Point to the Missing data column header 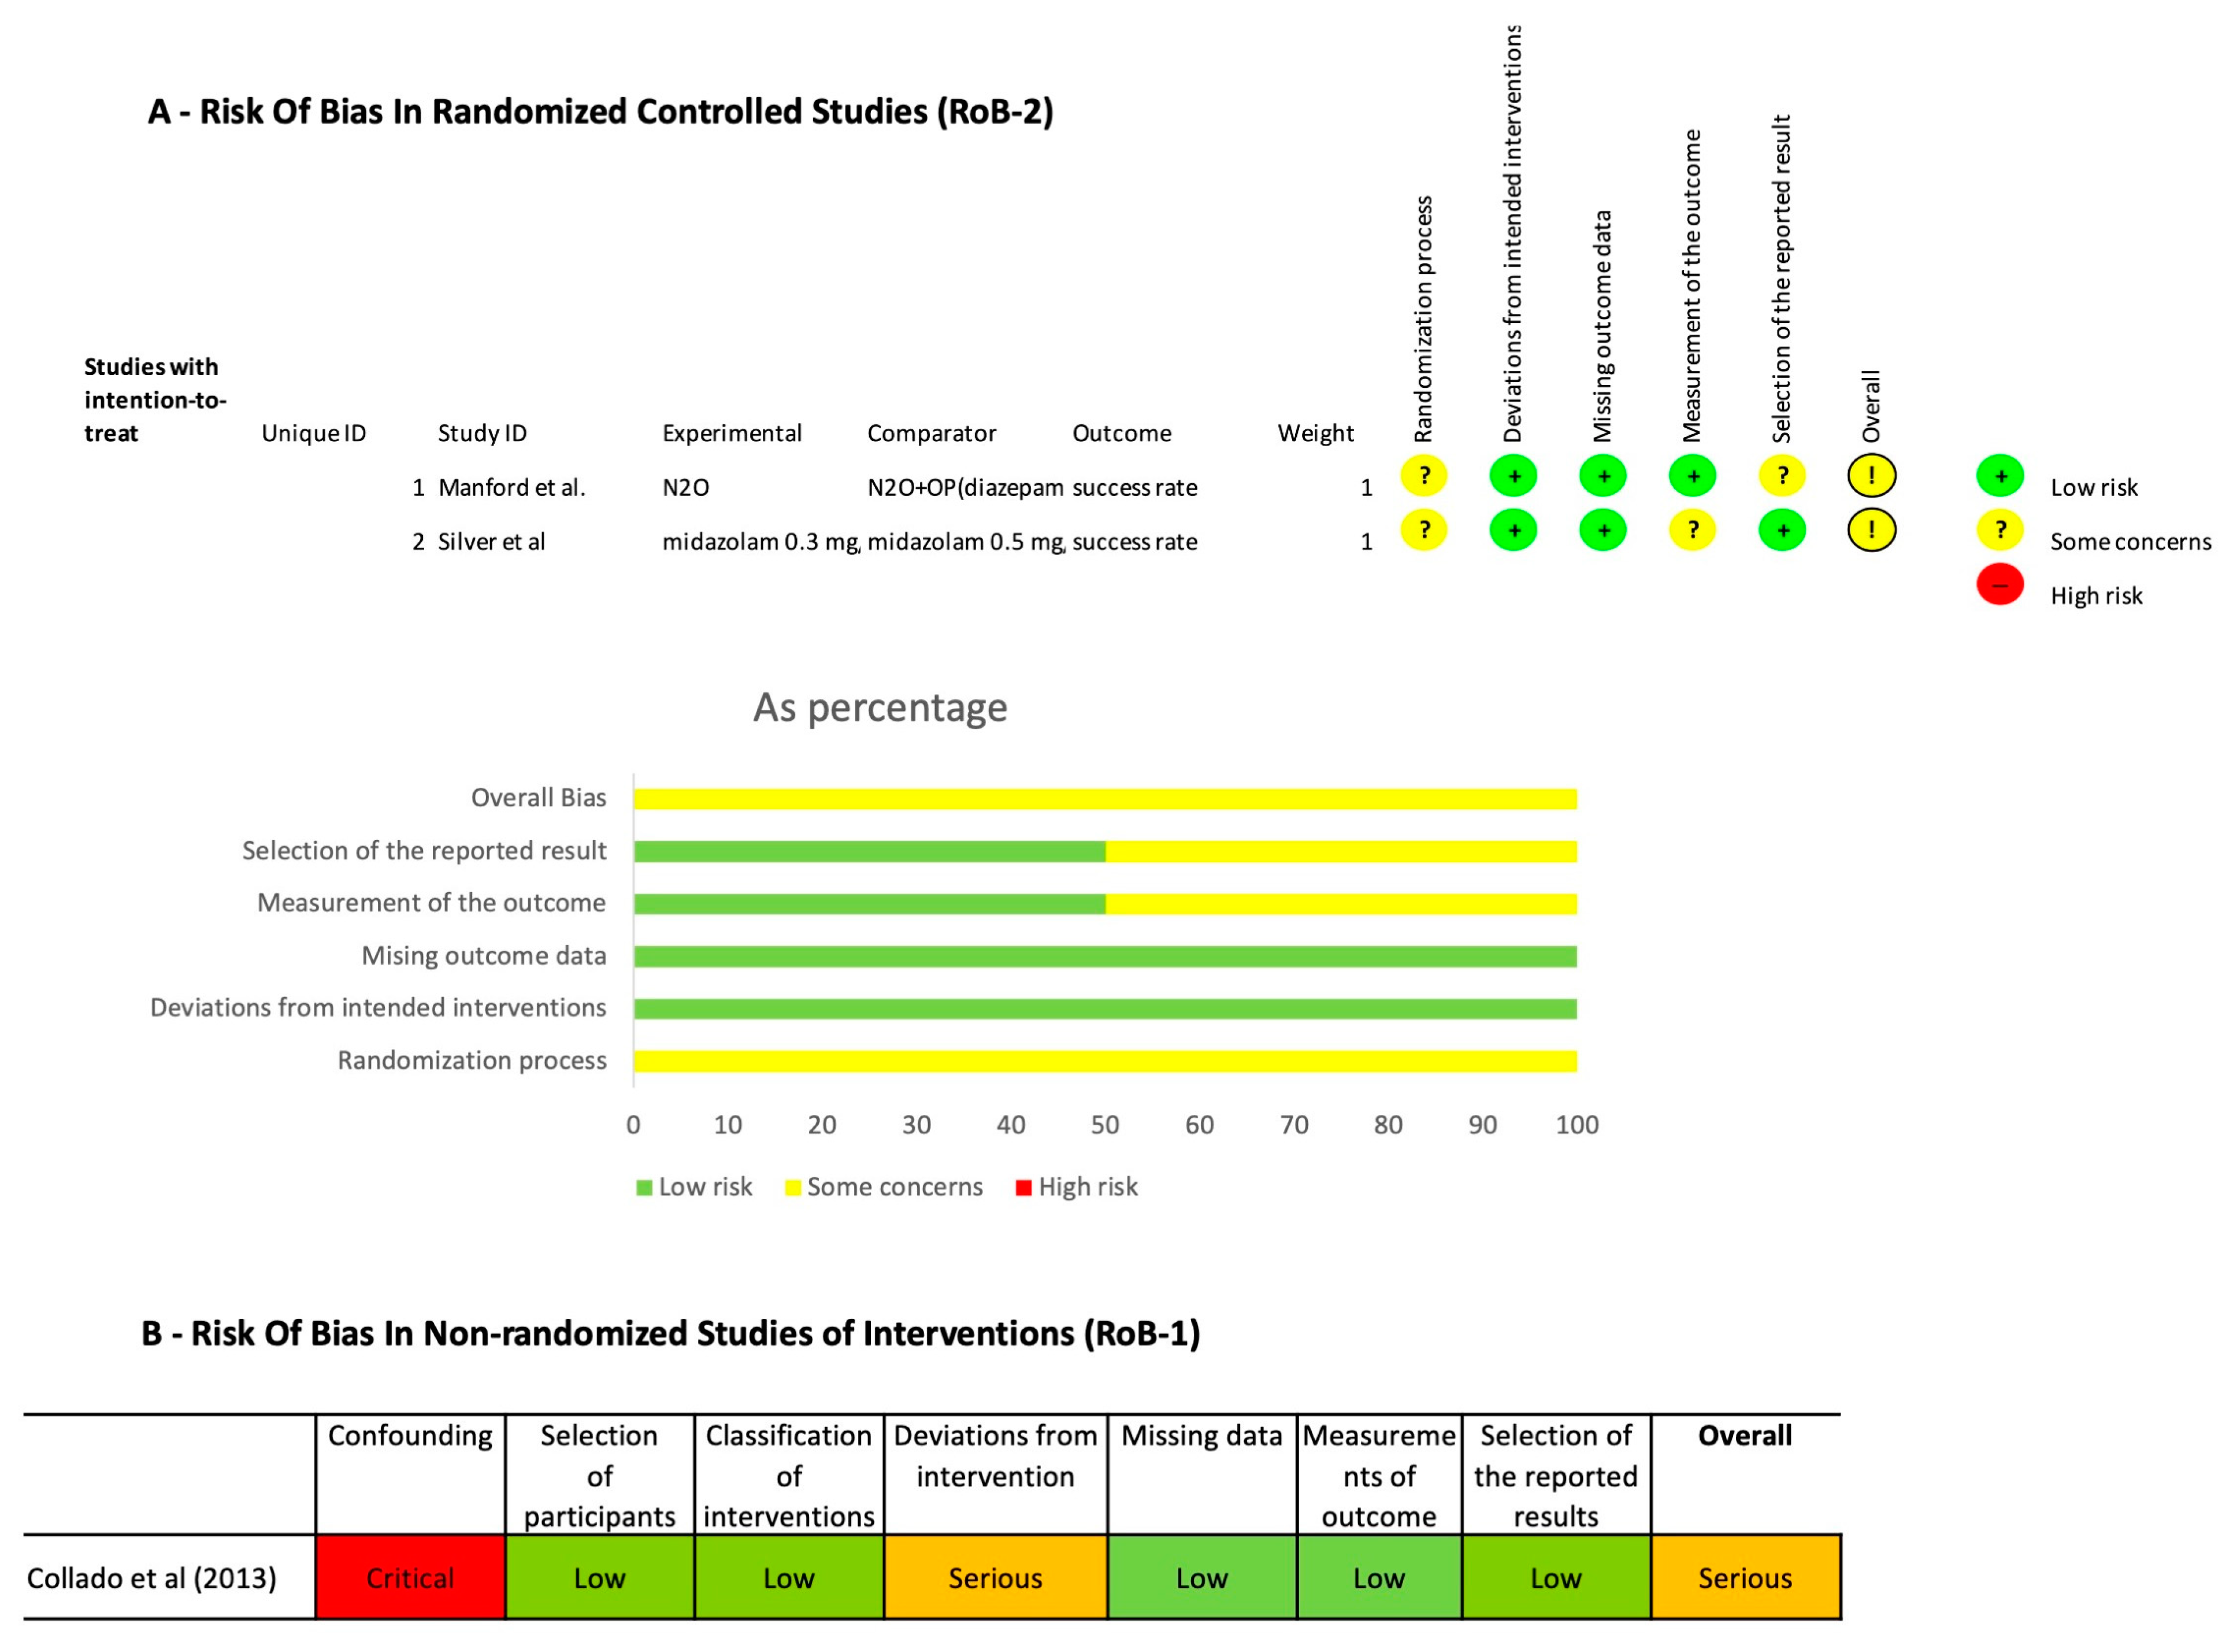point(1201,1435)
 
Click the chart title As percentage point(880,707)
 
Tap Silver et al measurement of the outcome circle point(1692,530)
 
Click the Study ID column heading point(482,433)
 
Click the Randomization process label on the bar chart point(472,1061)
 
